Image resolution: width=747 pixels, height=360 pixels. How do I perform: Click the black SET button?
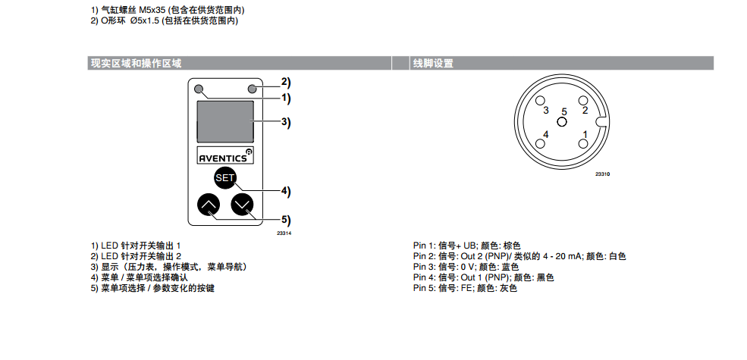[225, 178]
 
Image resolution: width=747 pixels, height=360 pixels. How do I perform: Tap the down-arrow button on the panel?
[243, 205]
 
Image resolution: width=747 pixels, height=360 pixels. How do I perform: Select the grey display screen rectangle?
[225, 121]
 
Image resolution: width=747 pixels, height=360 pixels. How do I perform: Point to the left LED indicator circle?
[199, 89]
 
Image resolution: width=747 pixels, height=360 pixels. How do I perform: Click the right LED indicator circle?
[253, 89]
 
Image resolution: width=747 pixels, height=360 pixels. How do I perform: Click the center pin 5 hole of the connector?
[562, 121]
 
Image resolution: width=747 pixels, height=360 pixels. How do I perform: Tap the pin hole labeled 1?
[583, 143]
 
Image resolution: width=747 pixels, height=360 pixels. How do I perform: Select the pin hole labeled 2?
[583, 101]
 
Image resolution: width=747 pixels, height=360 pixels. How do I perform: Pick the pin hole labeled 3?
[540, 101]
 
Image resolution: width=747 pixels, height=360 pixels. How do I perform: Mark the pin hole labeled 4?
[540, 143]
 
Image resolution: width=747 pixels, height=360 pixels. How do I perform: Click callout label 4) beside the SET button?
[285, 191]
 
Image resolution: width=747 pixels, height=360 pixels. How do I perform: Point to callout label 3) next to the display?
[285, 121]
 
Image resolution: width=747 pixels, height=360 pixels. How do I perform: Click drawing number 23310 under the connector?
[603, 174]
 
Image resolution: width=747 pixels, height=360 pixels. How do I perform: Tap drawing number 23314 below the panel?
[284, 233]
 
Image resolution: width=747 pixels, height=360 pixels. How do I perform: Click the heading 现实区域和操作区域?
[137, 64]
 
